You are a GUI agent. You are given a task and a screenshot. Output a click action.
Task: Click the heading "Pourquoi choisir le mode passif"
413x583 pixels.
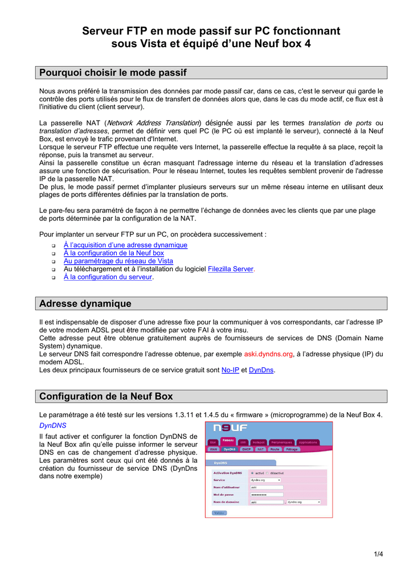pyautogui.click(x=112, y=73)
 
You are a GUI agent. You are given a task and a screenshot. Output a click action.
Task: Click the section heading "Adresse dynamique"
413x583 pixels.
pyautogui.click(x=85, y=303)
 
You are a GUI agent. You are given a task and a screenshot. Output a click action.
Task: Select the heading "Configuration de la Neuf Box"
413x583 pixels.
pyautogui.click(x=106, y=396)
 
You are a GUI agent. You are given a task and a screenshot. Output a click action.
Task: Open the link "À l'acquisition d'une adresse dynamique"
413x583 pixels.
pyautogui.click(x=125, y=245)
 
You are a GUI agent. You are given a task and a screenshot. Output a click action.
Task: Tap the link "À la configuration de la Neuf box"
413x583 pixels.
pyautogui.click(x=113, y=253)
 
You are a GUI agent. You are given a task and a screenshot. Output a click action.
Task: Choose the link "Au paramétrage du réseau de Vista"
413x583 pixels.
pyautogui.click(x=118, y=261)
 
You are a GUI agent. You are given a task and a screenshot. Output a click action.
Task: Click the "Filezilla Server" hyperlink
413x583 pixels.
pyautogui.click(x=231, y=269)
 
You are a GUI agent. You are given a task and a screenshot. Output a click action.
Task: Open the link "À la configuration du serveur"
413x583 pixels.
pyautogui.click(x=108, y=277)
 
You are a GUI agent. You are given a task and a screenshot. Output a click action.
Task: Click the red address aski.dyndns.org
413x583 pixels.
pyautogui.click(x=268, y=354)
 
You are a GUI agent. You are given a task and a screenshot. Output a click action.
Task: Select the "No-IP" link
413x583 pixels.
pyautogui.click(x=230, y=370)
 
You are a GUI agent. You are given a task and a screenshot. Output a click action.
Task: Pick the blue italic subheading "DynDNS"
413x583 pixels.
pyautogui.click(x=52, y=425)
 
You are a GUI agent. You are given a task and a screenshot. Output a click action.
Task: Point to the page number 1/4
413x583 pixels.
pyautogui.click(x=378, y=555)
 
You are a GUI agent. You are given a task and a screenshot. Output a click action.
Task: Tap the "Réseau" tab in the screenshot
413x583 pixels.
pyautogui.click(x=228, y=440)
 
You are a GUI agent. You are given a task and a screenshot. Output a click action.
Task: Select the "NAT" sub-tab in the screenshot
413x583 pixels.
pyautogui.click(x=261, y=449)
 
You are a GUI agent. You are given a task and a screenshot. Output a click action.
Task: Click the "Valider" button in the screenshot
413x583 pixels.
pyautogui.click(x=219, y=512)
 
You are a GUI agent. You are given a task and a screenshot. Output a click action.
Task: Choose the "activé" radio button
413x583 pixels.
pyautogui.click(x=252, y=473)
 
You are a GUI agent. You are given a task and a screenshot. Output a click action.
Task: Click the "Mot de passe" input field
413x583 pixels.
pyautogui.click(x=267, y=494)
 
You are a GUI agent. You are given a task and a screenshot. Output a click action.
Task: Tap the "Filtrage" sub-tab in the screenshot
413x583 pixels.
pyautogui.click(x=292, y=449)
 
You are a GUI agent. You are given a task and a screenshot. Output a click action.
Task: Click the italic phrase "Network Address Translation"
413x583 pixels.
pyautogui.click(x=153, y=123)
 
